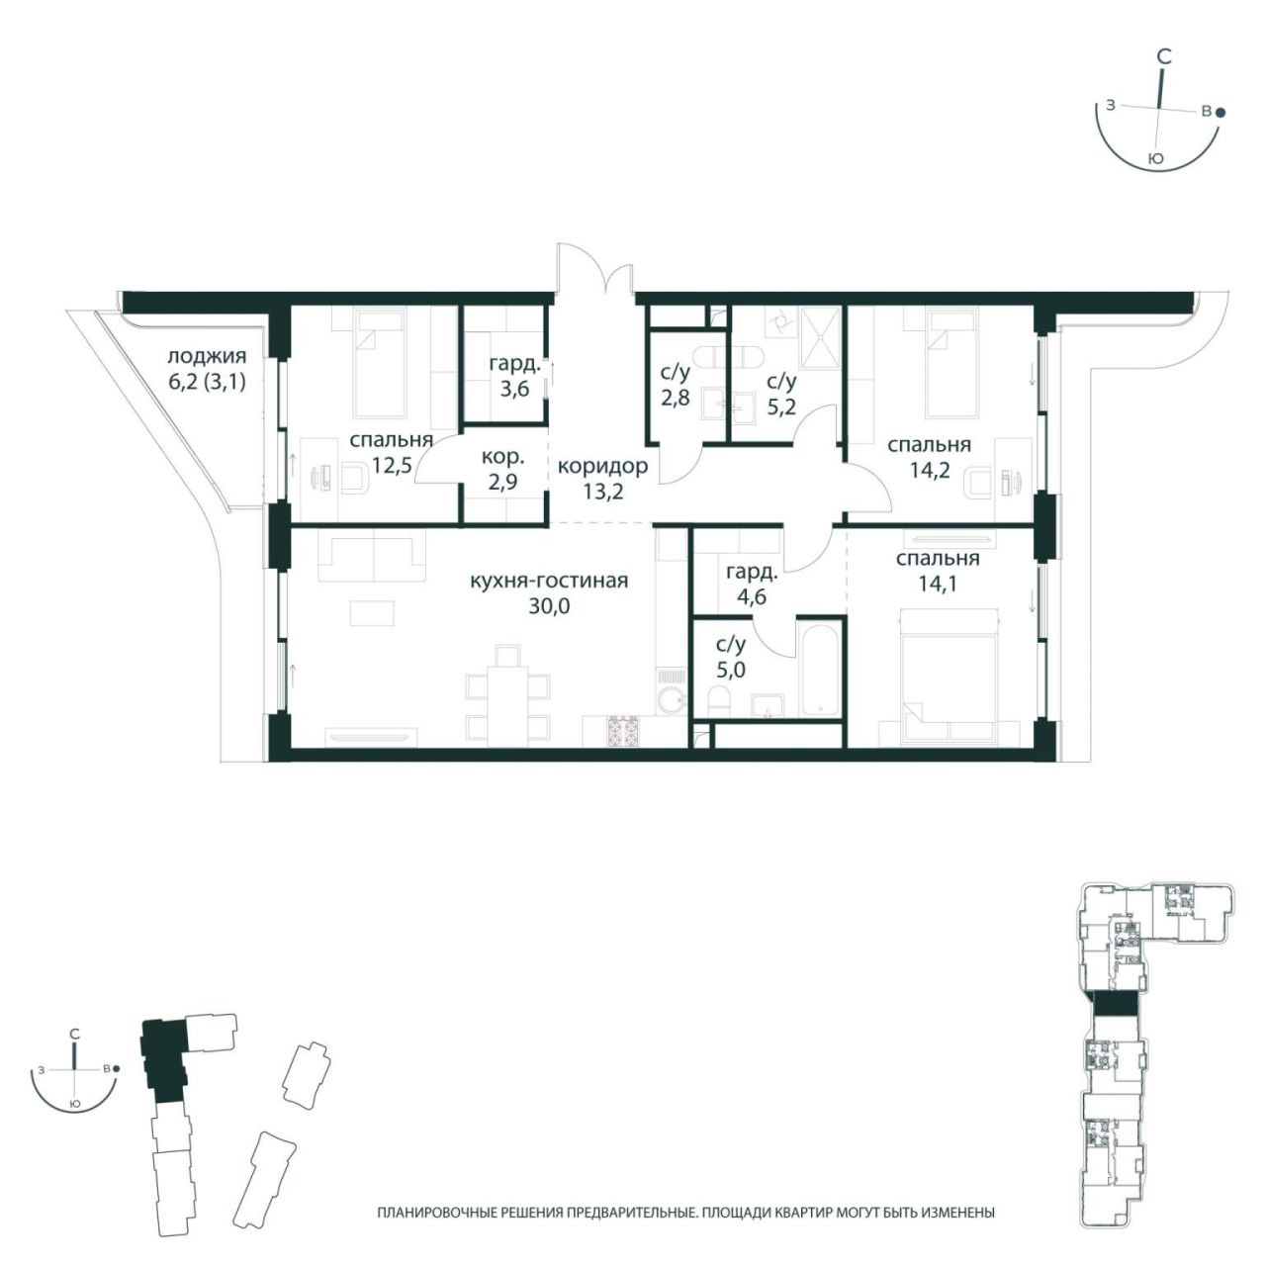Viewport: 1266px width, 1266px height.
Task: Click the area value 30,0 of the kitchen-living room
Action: [549, 605]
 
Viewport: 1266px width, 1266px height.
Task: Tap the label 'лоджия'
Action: [207, 357]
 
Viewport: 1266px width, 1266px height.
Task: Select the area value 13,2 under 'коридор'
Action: [602, 492]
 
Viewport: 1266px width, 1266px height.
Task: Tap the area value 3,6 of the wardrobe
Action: [514, 390]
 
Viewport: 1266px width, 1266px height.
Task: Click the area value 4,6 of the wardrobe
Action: [752, 598]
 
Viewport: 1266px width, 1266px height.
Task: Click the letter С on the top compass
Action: [1163, 56]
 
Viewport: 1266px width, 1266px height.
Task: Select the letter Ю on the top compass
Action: [1153, 158]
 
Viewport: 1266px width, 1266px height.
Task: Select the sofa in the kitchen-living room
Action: [373, 556]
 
